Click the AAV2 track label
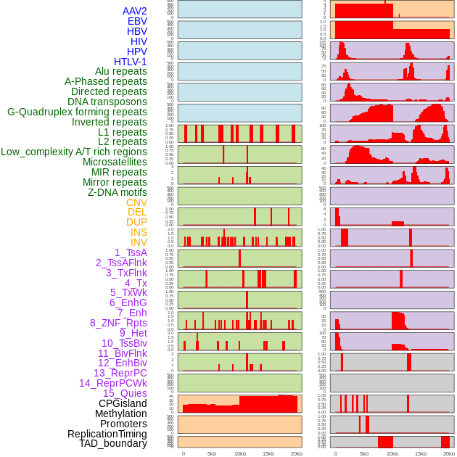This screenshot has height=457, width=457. click(x=135, y=11)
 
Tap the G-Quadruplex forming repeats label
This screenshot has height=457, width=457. click(x=77, y=112)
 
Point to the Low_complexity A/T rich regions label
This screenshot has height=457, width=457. click(x=74, y=152)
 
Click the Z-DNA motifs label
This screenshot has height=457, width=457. click(x=118, y=192)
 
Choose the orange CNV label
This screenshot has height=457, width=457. click(x=136, y=202)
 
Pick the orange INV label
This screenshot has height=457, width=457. click(x=139, y=242)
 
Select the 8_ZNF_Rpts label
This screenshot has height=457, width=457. click(x=118, y=323)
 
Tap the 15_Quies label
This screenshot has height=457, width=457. click(x=125, y=393)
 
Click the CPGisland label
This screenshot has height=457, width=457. click(x=123, y=403)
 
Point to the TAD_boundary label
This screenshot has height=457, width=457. click(x=113, y=443)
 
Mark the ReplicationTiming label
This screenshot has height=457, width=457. click(x=107, y=434)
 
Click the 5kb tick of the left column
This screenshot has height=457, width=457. click(x=212, y=453)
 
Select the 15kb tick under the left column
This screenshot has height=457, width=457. click(x=268, y=453)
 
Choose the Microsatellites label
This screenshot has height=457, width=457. click(x=115, y=162)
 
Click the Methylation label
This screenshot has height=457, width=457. click(x=116, y=413)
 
